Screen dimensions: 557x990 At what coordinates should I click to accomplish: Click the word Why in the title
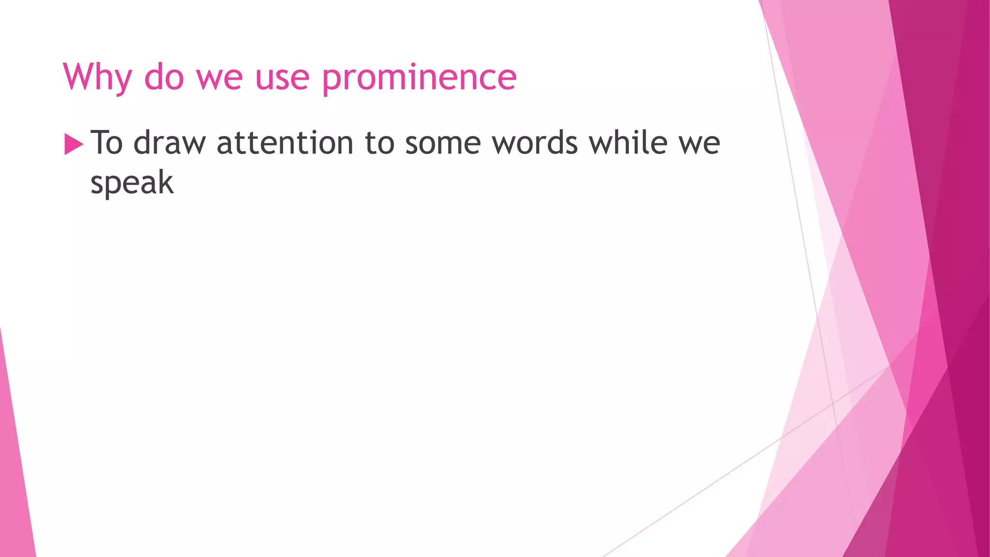point(97,77)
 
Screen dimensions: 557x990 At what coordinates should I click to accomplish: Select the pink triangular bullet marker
point(73,145)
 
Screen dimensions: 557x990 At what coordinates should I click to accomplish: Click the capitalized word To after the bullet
point(107,143)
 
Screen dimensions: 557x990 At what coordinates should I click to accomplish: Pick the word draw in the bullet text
point(170,143)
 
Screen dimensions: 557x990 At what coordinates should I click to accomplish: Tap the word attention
point(285,143)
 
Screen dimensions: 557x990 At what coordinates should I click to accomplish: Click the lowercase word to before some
point(379,143)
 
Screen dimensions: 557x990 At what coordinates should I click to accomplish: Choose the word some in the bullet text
point(443,144)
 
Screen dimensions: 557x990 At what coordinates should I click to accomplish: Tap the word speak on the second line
point(132,183)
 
